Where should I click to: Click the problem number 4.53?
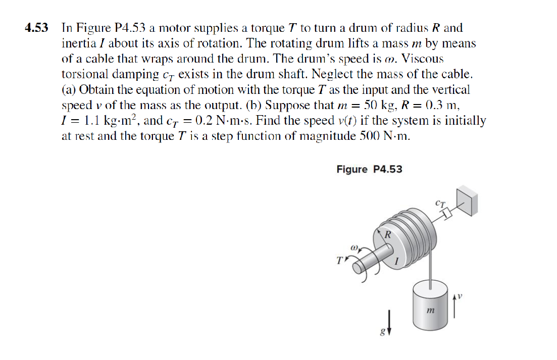point(37,28)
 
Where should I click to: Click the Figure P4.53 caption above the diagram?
point(369,169)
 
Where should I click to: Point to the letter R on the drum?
point(388,235)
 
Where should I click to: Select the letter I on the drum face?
point(397,261)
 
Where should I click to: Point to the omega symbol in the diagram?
point(353,248)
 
